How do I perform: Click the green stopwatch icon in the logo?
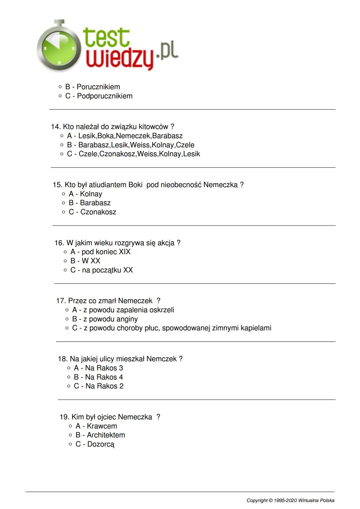click(59, 47)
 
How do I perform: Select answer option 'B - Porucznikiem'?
click(92, 87)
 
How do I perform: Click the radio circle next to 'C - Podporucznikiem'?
click(60, 96)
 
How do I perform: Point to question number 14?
click(56, 127)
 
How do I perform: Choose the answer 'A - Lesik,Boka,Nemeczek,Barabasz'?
click(124, 136)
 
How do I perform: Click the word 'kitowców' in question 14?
click(154, 127)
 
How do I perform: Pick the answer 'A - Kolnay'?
click(85, 194)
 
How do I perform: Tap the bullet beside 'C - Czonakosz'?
click(64, 212)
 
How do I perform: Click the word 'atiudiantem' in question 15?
click(107, 185)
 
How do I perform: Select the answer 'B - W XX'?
click(85, 261)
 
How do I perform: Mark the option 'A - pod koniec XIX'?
click(100, 252)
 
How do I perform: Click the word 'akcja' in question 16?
click(166, 243)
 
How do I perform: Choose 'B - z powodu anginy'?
click(105, 319)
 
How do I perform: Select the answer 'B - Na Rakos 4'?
click(98, 377)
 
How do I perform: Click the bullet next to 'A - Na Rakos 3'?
click(69, 368)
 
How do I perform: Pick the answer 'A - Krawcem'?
click(96, 426)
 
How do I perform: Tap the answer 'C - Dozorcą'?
click(95, 444)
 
